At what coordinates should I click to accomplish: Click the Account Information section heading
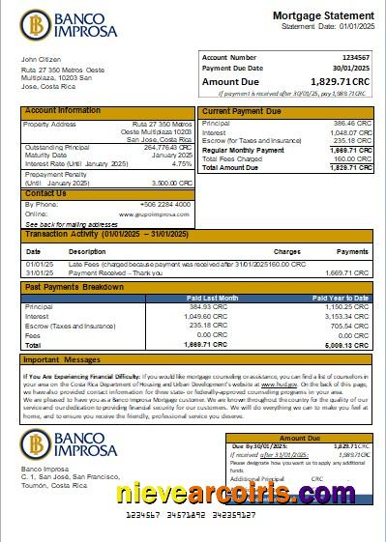[62, 111]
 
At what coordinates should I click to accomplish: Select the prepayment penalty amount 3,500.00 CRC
[170, 182]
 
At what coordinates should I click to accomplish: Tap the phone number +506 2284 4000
[168, 205]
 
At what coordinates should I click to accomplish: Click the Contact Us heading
[45, 194]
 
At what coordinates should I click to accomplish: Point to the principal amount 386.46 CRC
[350, 125]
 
